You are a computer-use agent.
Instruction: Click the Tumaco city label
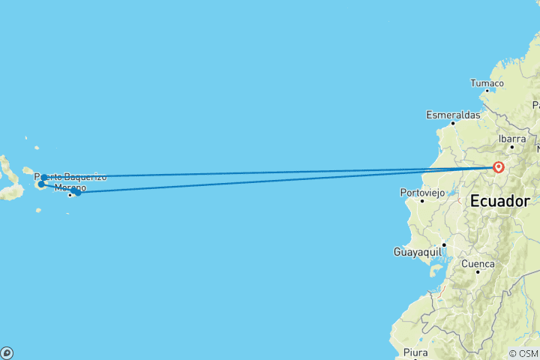tap(487, 82)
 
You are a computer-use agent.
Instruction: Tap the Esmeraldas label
tap(453, 115)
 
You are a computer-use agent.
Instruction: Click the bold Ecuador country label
tap(499, 202)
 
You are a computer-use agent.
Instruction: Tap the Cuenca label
tap(478, 264)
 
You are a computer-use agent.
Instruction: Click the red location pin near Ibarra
tap(498, 167)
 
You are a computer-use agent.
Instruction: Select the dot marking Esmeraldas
tap(453, 123)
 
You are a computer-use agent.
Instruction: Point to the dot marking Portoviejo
tap(422, 200)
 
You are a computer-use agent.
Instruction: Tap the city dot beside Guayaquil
tap(444, 244)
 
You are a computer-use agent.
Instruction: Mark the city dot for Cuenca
tap(478, 271)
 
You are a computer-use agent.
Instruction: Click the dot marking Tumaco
tap(487, 91)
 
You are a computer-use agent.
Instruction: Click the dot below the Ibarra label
tap(512, 146)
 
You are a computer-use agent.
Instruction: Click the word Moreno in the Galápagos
tap(70, 187)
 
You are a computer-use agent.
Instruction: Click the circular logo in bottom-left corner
tap(6, 352)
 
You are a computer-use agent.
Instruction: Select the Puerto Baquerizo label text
tap(70, 177)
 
